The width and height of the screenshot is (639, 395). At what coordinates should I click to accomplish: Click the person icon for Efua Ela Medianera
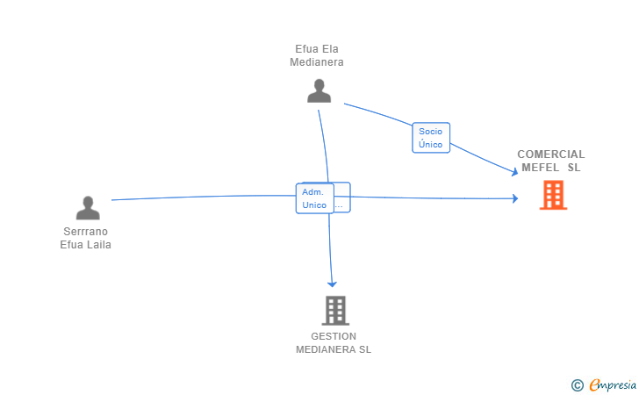pyautogui.click(x=319, y=91)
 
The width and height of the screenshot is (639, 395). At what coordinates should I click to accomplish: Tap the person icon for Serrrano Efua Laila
pyautogui.click(x=88, y=208)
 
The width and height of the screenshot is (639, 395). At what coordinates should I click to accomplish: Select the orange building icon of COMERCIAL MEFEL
pyautogui.click(x=553, y=195)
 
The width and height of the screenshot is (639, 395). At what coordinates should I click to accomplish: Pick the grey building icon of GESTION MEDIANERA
pyautogui.click(x=335, y=311)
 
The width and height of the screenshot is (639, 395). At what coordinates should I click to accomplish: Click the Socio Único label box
pyautogui.click(x=431, y=138)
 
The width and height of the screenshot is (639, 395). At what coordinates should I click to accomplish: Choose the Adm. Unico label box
pyautogui.click(x=315, y=198)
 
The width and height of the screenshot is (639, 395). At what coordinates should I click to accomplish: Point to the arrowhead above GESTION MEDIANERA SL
pyautogui.click(x=332, y=284)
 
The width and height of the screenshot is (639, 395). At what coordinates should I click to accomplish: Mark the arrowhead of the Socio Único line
pyautogui.click(x=514, y=172)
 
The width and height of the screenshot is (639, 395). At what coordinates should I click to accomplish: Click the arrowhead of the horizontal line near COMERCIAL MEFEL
pyautogui.click(x=515, y=198)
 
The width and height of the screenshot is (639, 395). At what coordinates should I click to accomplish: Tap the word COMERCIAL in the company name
pyautogui.click(x=551, y=154)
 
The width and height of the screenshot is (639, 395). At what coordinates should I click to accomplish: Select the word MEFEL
pyautogui.click(x=541, y=168)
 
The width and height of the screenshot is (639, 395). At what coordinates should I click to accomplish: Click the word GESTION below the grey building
pyautogui.click(x=334, y=336)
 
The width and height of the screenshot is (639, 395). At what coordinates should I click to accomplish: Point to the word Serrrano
pyautogui.click(x=86, y=232)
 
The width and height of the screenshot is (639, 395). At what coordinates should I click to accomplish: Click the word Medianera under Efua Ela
pyautogui.click(x=317, y=62)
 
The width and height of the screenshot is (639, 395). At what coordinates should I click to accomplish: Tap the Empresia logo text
pyautogui.click(x=613, y=385)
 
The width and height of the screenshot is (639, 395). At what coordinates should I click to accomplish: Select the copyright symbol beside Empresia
pyautogui.click(x=577, y=385)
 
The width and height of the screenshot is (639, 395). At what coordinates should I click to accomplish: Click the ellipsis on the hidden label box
pyautogui.click(x=339, y=207)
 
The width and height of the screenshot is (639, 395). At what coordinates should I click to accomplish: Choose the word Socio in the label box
pyautogui.click(x=430, y=132)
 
